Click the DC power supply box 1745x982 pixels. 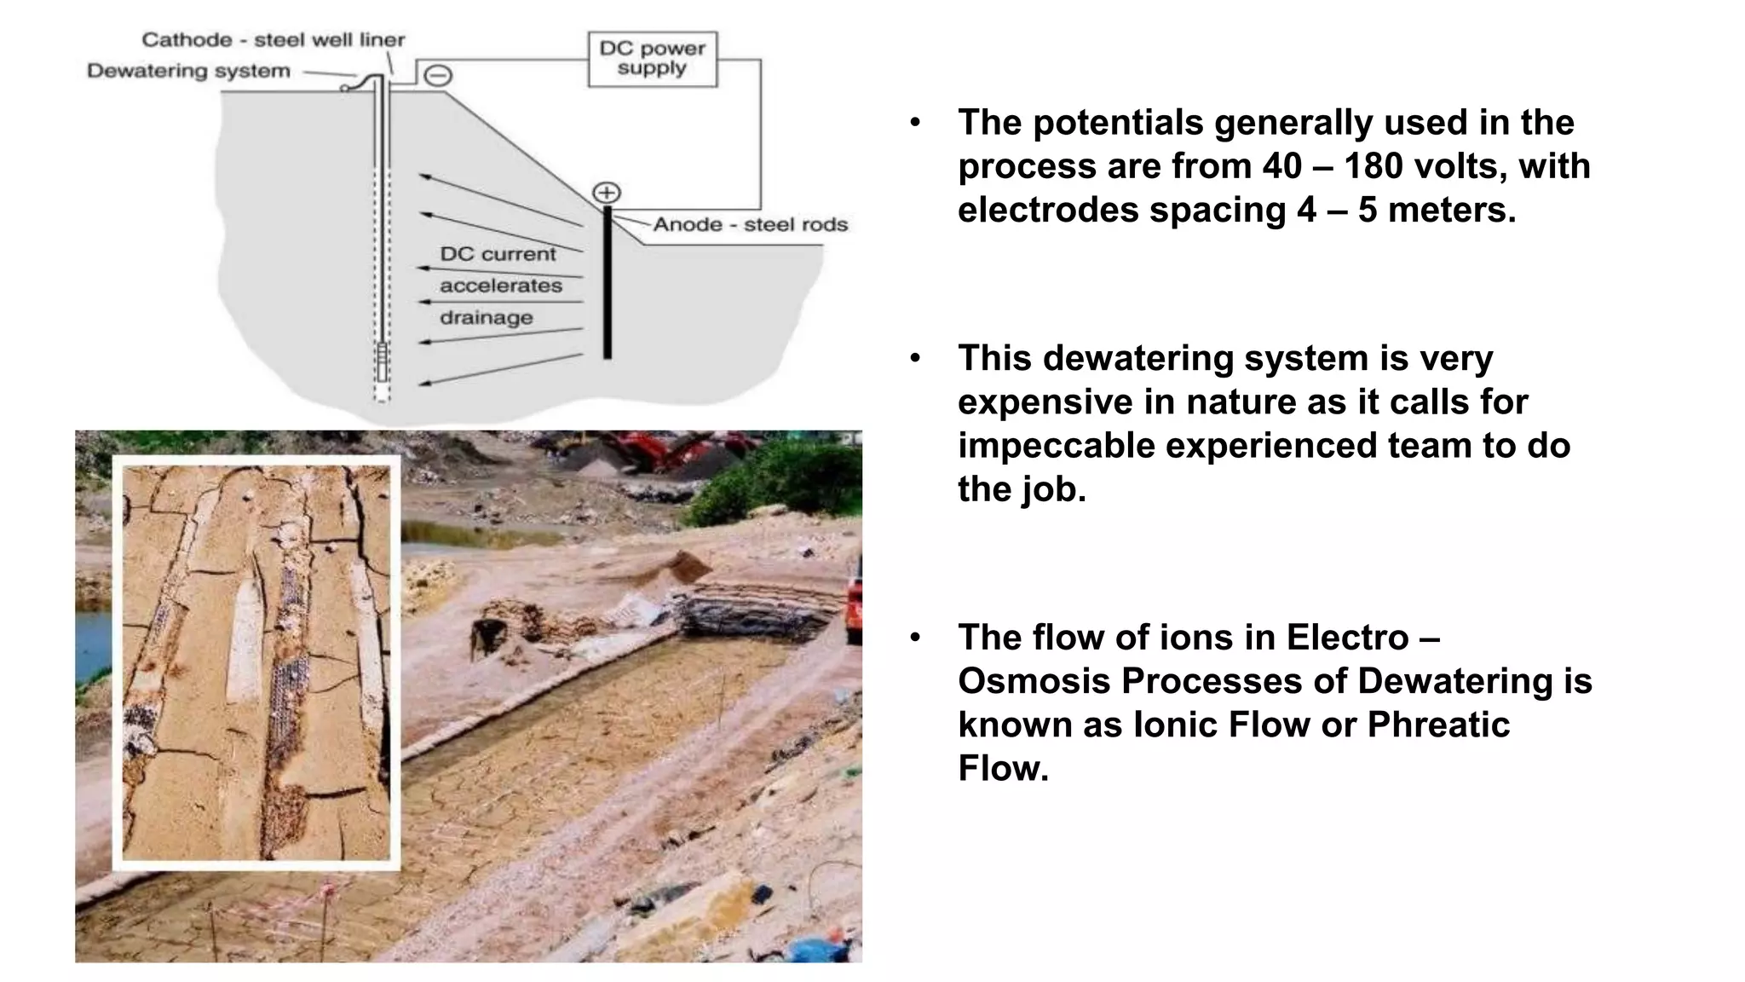652,59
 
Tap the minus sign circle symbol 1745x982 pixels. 437,76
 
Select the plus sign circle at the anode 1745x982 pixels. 607,193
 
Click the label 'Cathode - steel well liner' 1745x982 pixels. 273,39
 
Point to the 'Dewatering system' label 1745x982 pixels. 188,71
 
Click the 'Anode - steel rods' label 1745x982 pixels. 750,224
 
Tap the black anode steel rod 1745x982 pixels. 608,281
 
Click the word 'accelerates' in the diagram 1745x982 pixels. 500,286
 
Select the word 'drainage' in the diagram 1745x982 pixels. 486,318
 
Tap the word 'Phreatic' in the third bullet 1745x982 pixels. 1438,725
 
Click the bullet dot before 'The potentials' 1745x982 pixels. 915,123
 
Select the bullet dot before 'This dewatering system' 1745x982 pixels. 915,358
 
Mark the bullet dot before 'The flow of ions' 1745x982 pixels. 915,638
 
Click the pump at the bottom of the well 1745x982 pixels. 382,362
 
